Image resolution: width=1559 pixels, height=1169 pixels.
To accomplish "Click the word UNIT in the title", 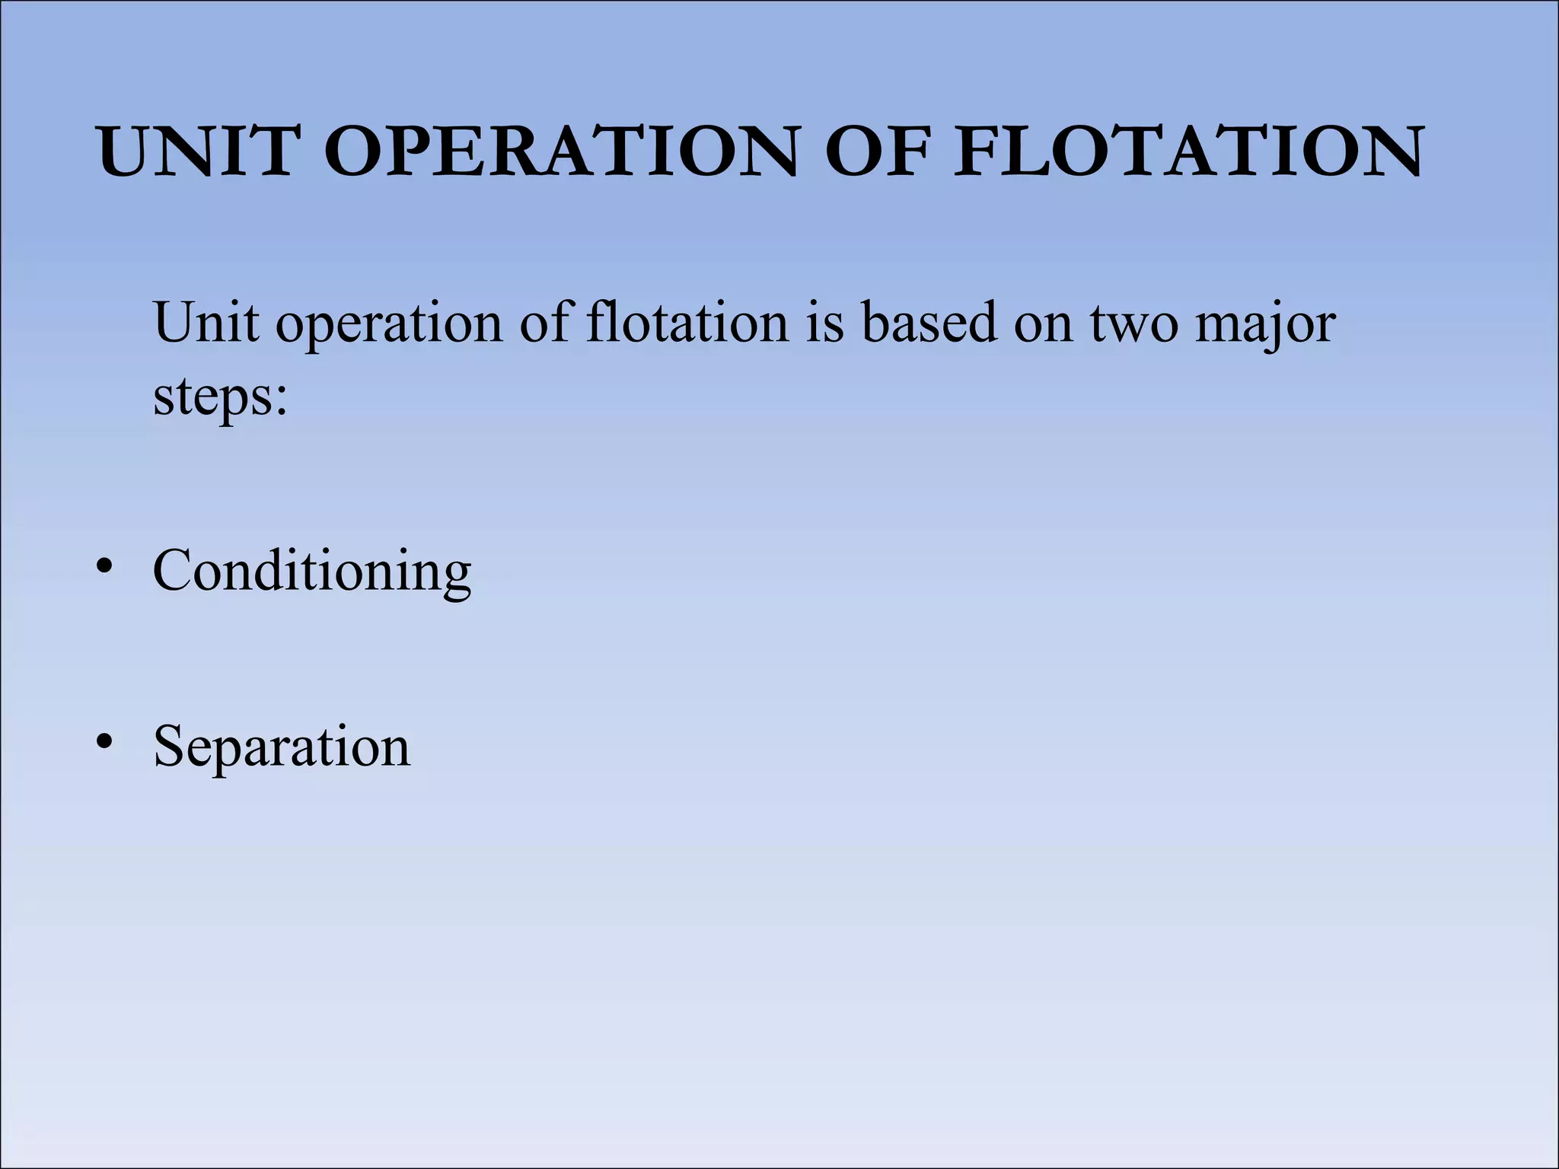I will (196, 151).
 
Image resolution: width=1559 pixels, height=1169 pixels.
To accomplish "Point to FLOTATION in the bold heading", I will (1188, 151).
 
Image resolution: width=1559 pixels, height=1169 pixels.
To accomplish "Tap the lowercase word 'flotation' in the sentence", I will (687, 323).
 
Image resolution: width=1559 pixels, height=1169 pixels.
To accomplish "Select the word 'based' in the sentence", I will (929, 323).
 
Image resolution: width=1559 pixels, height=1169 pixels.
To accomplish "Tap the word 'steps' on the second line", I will (212, 397).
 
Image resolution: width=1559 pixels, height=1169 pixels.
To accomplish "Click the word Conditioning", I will (312, 571).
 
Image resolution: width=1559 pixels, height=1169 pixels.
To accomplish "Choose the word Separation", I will (282, 747).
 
